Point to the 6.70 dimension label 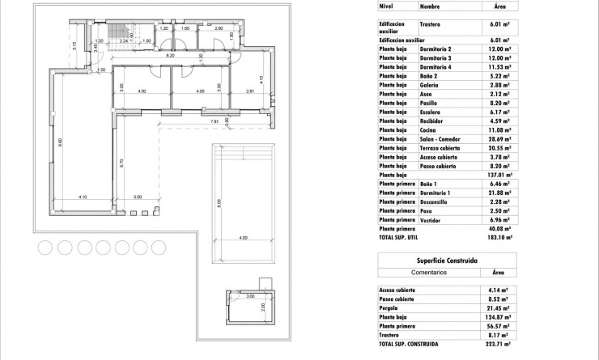tap(121, 162)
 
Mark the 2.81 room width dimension tap(250, 92)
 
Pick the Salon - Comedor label tap(442, 138)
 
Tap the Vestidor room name tap(431, 218)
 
